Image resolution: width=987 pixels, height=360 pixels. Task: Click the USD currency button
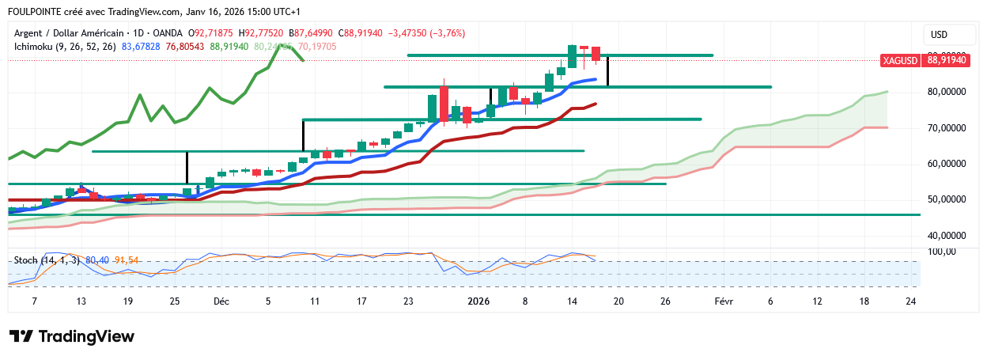pos(940,35)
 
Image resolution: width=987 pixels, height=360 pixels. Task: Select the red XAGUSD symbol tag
pos(900,60)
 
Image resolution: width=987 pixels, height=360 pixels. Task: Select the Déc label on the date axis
pos(221,301)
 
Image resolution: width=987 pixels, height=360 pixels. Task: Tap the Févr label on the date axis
pos(724,301)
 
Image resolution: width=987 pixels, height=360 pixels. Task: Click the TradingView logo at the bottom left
pos(72,336)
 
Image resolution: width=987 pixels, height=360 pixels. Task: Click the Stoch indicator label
pos(26,260)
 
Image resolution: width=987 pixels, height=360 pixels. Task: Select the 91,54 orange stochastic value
pos(127,260)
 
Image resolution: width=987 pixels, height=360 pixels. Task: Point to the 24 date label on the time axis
pos(910,301)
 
